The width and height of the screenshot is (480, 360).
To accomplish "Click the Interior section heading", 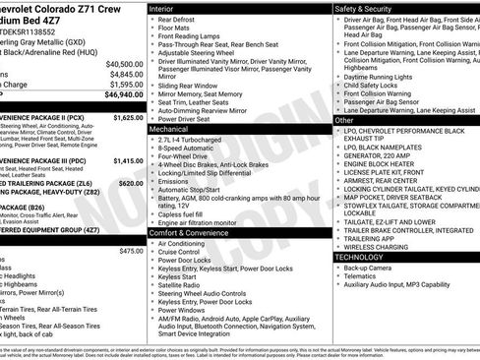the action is point(161,7).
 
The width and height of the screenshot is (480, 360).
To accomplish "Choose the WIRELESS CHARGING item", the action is point(379,246).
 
